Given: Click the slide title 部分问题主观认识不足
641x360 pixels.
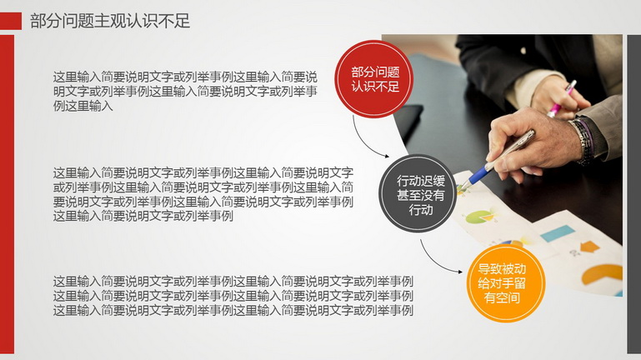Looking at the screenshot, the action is pos(110,21).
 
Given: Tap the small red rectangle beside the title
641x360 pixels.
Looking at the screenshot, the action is pos(11,21).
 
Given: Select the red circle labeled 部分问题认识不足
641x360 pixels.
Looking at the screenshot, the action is pos(374,79).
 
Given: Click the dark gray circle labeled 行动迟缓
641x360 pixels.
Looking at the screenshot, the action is pos(418,193).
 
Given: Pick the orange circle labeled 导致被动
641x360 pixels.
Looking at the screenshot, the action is pos(506,283).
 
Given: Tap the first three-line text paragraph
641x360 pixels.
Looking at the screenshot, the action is pos(185,91).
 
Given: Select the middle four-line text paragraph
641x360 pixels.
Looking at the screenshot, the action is pos(203,194).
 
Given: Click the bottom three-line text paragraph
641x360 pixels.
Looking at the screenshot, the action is pos(233,296).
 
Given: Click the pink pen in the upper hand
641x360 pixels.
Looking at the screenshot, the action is pos(562,99).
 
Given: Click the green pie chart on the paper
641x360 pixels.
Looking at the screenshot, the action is pos(478,217).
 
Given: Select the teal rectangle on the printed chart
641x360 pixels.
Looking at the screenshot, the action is pos(558,233).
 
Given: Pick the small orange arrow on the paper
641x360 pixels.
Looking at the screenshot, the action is pos(589,247).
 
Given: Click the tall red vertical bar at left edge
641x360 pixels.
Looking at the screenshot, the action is pos(7,194).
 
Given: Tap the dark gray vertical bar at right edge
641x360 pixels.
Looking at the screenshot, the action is pos(634,194).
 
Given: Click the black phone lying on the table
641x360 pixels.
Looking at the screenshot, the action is pos(408,118).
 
